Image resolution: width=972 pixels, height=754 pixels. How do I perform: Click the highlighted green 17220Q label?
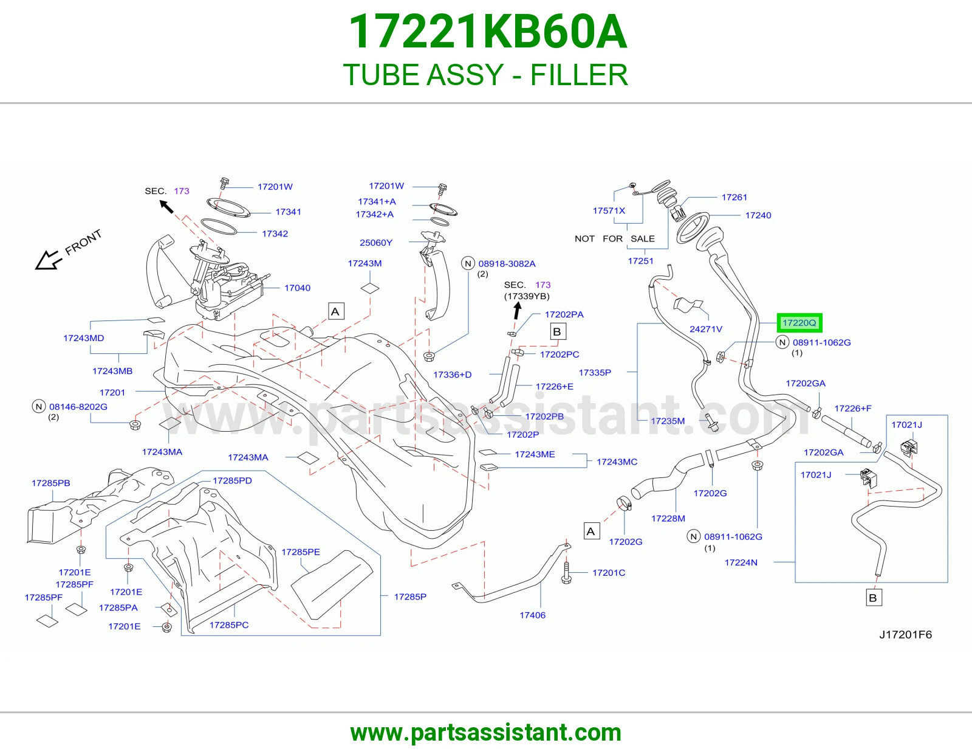tap(799, 323)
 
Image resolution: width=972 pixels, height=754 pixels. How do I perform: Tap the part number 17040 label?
tap(297, 288)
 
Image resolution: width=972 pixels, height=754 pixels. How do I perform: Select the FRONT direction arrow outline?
tap(49, 260)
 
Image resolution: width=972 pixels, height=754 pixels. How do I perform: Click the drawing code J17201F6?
tap(905, 634)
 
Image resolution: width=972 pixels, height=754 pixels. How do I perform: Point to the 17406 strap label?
tap(532, 615)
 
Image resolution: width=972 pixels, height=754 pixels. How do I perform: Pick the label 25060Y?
tap(375, 243)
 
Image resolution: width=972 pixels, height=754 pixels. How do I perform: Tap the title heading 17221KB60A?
tap(488, 32)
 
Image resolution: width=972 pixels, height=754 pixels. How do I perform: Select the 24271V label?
tap(706, 329)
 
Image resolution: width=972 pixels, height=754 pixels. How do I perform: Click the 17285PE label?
tap(301, 552)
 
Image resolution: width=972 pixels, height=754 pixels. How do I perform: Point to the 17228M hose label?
tap(668, 519)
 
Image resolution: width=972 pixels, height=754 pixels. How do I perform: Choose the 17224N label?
tap(741, 562)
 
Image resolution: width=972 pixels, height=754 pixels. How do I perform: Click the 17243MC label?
tap(617, 462)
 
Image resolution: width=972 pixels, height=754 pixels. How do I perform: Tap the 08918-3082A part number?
tap(507, 264)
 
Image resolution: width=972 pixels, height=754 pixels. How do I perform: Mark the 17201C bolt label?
tap(609, 573)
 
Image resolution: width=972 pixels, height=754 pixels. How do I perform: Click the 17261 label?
tap(734, 197)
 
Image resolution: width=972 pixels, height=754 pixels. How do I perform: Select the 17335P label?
tap(595, 373)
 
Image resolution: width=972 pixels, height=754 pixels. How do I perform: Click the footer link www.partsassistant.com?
tap(486, 733)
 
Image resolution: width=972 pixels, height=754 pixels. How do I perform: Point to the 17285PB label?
tap(50, 483)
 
